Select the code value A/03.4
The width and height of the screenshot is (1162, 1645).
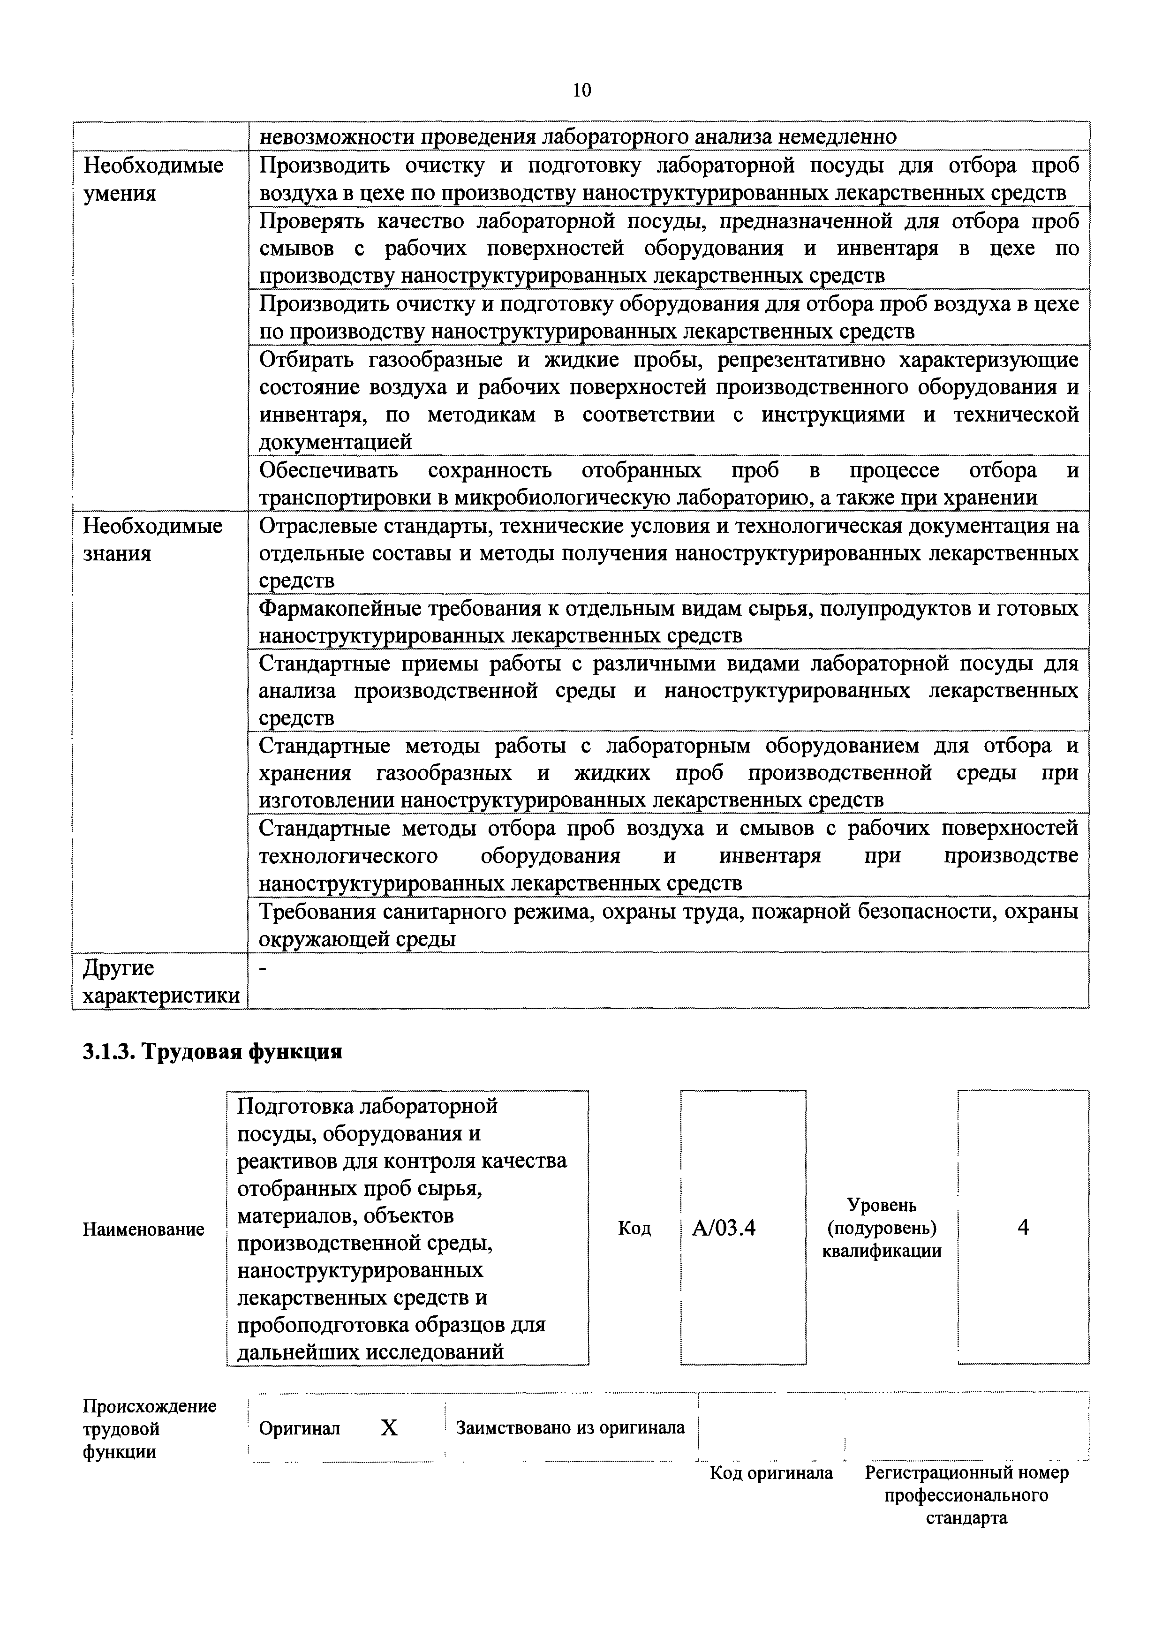pyautogui.click(x=724, y=1228)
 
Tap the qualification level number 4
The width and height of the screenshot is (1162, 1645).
pyautogui.click(x=1023, y=1227)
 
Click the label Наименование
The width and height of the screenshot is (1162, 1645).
pyautogui.click(x=144, y=1230)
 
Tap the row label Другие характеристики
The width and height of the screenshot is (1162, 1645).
pyautogui.click(x=160, y=981)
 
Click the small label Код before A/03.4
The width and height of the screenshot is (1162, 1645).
pyautogui.click(x=634, y=1228)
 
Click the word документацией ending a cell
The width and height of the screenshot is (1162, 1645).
pyautogui.click(x=335, y=443)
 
